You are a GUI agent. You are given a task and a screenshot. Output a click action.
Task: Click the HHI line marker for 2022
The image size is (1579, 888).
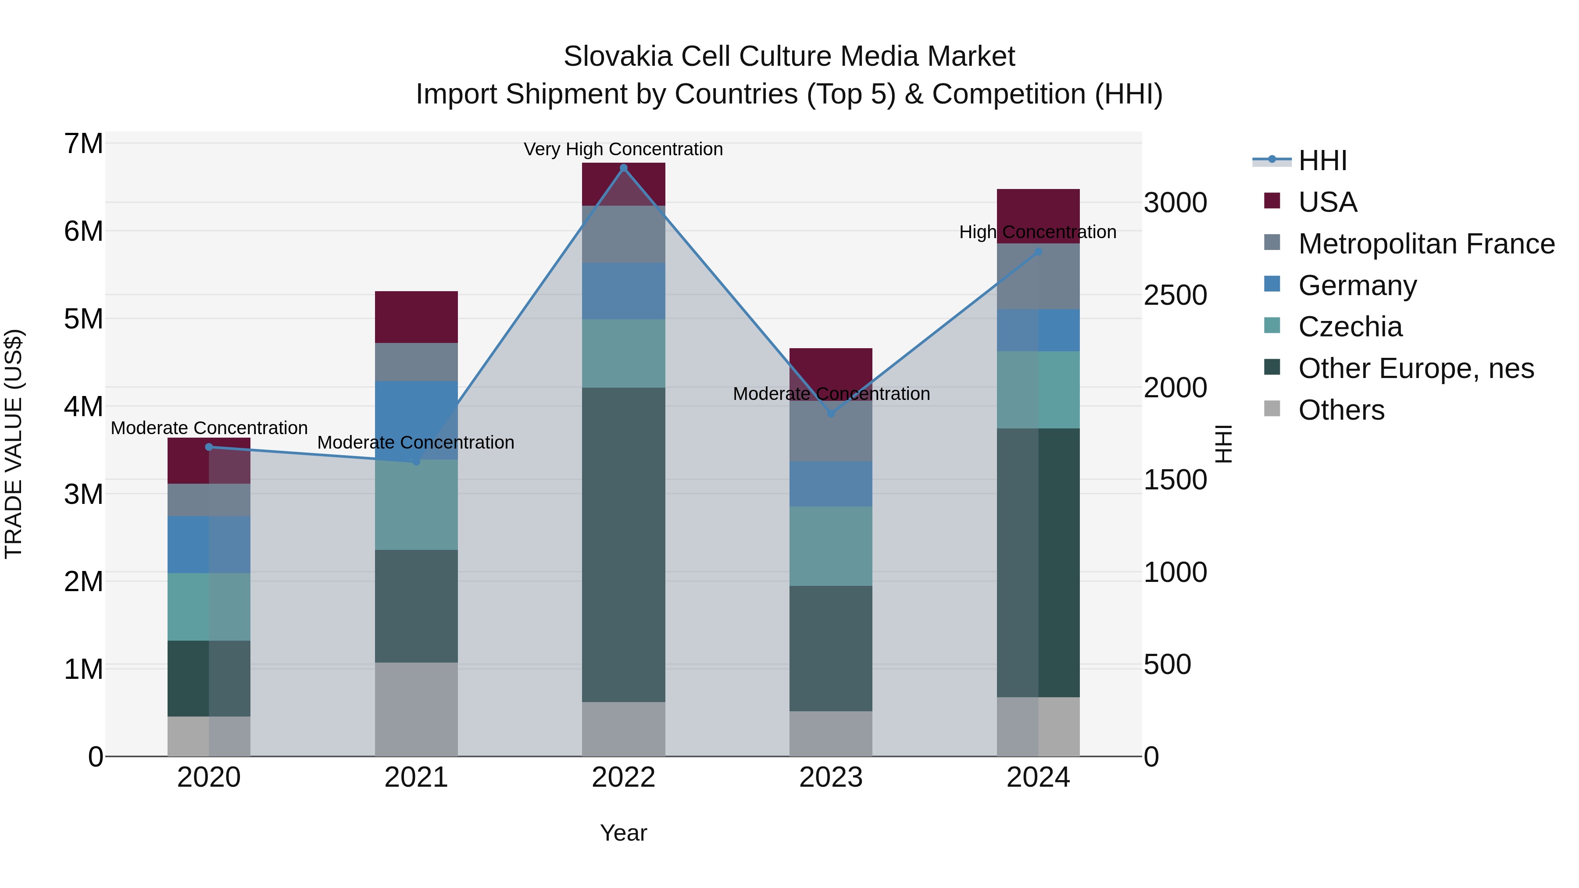[623, 168]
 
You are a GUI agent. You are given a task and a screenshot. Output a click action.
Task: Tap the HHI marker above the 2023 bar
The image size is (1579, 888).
[831, 414]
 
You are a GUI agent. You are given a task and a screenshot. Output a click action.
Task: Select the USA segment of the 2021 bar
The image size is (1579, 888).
[416, 317]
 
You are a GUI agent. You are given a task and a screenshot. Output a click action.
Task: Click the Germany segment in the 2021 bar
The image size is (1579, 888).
[416, 420]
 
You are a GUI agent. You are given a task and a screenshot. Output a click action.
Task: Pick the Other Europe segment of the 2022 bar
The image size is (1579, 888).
[623, 544]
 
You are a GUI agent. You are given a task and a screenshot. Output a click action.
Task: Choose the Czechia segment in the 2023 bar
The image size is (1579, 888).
[831, 546]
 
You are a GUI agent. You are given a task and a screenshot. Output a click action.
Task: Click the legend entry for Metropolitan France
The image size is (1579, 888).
[1426, 244]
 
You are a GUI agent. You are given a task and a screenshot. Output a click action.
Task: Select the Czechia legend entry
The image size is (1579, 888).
[1350, 327]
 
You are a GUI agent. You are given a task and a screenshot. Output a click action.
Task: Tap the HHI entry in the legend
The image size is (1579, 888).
[1322, 160]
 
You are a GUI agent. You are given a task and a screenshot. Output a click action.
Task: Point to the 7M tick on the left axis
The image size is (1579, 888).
[83, 144]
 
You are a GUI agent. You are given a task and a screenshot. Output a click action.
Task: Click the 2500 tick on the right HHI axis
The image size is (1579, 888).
[1175, 296]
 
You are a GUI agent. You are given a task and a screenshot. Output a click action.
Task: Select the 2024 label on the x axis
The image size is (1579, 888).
[1038, 777]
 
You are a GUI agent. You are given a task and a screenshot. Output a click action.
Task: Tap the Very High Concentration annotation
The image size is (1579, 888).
[623, 149]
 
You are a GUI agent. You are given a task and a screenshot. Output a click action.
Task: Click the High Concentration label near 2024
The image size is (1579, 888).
[1037, 232]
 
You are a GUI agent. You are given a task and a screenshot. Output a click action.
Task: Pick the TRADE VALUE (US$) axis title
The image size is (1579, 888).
[14, 444]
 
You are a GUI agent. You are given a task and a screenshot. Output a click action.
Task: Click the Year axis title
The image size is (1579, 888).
[623, 833]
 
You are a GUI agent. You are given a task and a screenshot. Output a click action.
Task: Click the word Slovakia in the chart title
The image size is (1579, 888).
[618, 57]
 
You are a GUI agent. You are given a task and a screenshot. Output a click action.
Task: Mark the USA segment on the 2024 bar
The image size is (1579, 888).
[1038, 216]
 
